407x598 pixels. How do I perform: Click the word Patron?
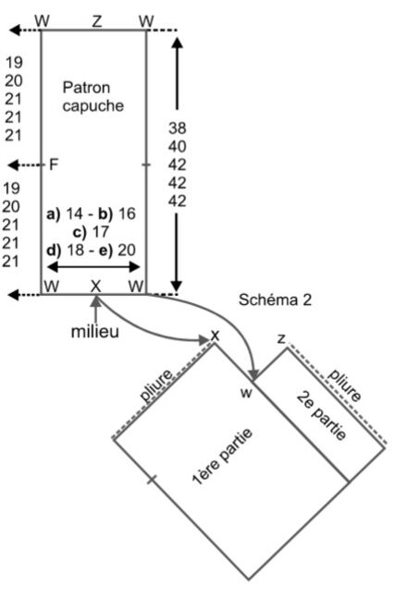(86, 88)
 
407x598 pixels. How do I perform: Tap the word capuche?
(93, 106)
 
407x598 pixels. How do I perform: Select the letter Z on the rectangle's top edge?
(97, 21)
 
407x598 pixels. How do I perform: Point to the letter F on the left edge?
(54, 165)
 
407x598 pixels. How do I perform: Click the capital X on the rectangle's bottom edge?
(96, 286)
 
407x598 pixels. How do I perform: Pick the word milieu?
(95, 332)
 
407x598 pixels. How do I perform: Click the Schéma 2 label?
(275, 299)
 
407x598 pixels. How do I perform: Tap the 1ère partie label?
(222, 457)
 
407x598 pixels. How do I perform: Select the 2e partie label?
(322, 415)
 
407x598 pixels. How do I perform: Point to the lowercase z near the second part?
(282, 338)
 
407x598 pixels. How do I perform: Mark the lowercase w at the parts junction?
(246, 393)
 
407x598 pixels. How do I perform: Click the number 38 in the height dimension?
(178, 128)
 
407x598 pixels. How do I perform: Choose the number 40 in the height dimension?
(178, 146)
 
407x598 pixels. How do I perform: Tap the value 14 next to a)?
(74, 214)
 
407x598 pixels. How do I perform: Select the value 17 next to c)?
(101, 232)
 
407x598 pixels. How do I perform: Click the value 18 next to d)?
(75, 250)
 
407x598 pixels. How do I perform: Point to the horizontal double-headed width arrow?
(93, 267)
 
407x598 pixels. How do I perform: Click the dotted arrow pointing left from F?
(26, 165)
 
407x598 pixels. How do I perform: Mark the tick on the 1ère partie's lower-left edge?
(152, 480)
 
